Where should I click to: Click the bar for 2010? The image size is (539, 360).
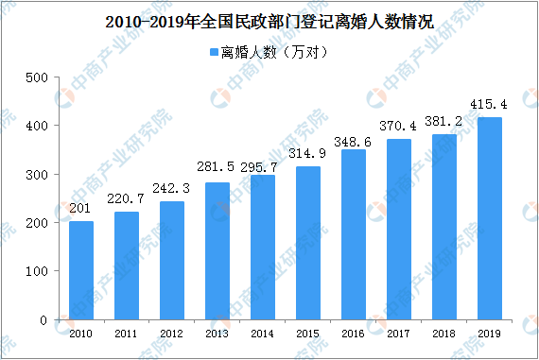[81, 270]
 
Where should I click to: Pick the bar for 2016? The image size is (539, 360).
[354, 234]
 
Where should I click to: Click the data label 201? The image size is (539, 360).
[81, 210]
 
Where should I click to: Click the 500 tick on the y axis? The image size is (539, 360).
[35, 77]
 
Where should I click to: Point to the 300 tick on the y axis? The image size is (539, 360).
[35, 174]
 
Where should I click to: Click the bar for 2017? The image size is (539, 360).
[399, 230]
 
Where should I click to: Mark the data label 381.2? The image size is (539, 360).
[444, 122]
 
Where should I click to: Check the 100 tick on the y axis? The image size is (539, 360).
[35, 271]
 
